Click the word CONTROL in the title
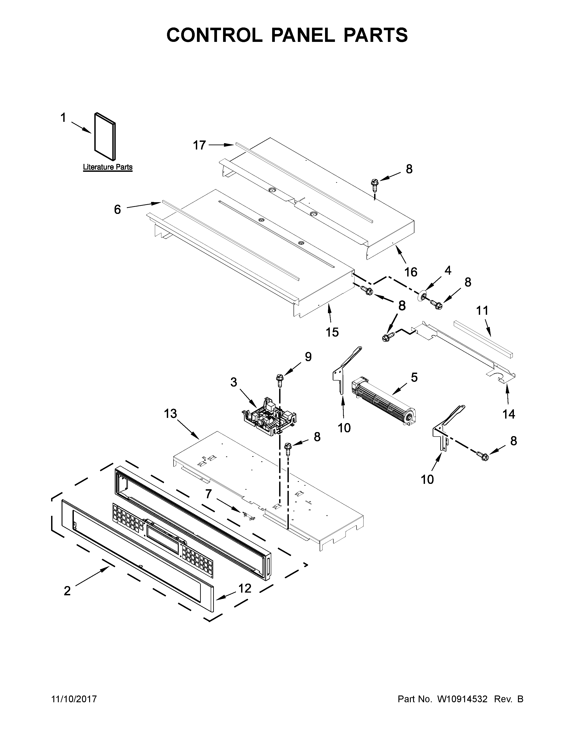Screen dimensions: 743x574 214,35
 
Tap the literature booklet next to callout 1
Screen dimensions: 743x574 105,136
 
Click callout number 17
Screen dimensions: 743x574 200,145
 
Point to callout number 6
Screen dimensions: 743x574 117,210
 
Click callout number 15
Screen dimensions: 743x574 332,332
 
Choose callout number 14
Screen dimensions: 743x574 509,414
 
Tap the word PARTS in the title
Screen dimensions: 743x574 375,35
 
